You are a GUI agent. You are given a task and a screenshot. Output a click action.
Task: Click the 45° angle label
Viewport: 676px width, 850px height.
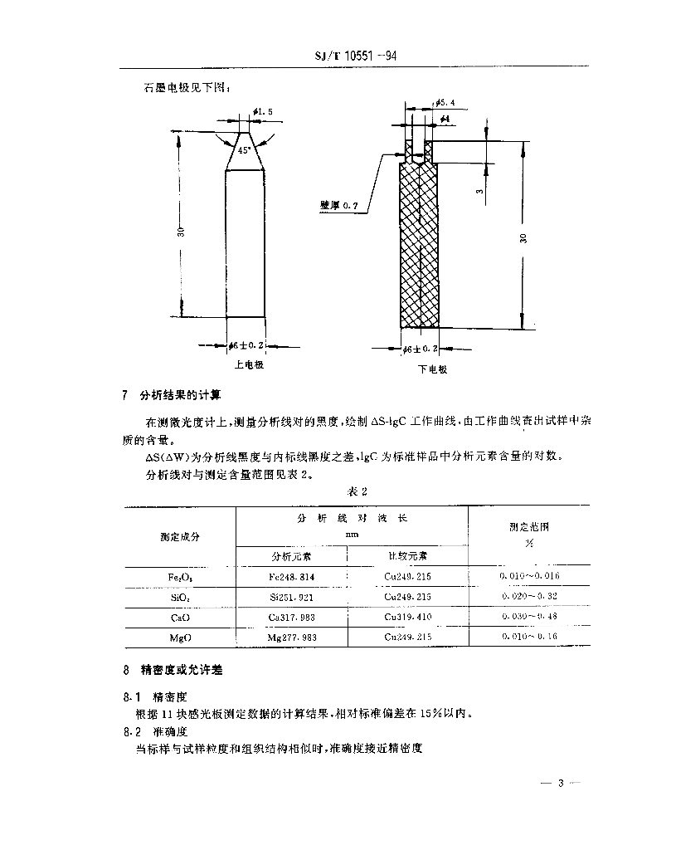[x=243, y=151]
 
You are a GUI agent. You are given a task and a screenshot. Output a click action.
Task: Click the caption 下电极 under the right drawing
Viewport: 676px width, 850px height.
[x=432, y=369]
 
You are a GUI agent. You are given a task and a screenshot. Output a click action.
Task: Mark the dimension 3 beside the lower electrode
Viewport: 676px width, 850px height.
[x=479, y=192]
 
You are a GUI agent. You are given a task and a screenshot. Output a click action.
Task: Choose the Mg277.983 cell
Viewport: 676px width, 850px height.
[x=291, y=637]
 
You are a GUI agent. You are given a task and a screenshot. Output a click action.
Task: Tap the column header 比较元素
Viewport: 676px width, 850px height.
[x=409, y=555]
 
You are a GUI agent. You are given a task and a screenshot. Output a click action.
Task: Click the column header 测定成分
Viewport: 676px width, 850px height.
[x=180, y=536]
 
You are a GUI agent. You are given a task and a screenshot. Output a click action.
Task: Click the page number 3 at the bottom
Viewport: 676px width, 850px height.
[x=562, y=783]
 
